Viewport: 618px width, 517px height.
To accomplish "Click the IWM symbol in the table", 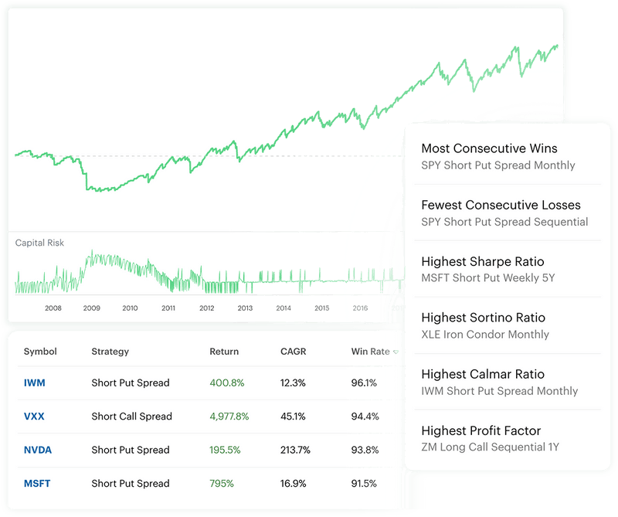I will point(35,383).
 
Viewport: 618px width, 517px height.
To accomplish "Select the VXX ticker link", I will point(34,417).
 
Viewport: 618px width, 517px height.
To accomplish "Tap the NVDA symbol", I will point(37,450).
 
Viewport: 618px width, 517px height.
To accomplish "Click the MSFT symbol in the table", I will point(36,484).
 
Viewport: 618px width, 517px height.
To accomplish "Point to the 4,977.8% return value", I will point(229,417).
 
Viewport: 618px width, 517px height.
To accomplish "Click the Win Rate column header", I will point(371,352).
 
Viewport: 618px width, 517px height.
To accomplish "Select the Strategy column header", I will point(110,352).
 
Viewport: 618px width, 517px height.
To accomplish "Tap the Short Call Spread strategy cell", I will point(131,417).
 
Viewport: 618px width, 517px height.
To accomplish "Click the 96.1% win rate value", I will point(365,383).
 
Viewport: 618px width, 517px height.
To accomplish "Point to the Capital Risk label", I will point(39,243).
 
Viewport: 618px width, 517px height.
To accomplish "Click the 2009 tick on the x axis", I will point(92,308).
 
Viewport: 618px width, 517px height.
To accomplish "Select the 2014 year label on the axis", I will point(284,308).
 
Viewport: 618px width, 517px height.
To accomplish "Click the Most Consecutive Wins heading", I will point(489,148).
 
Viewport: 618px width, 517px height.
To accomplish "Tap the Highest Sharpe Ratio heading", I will point(483,261).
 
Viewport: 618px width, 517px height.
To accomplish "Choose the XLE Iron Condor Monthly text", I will point(485,335).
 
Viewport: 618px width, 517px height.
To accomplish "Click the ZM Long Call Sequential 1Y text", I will point(490,447).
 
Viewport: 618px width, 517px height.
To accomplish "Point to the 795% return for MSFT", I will point(222,484).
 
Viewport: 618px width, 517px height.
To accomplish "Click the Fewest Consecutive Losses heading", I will point(501,205).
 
